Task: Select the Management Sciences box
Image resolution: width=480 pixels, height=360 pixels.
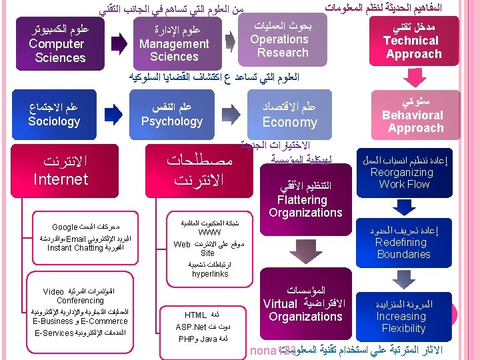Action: pyautogui.click(x=174, y=43)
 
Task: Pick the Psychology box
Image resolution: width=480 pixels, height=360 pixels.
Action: pyautogui.click(x=172, y=115)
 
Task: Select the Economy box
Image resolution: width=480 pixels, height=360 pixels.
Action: pyautogui.click(x=289, y=115)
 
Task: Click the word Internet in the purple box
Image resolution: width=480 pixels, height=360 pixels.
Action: pyautogui.click(x=61, y=179)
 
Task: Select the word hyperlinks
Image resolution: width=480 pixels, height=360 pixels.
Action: pyautogui.click(x=210, y=273)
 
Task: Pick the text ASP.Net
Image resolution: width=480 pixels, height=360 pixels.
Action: pyautogui.click(x=191, y=327)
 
